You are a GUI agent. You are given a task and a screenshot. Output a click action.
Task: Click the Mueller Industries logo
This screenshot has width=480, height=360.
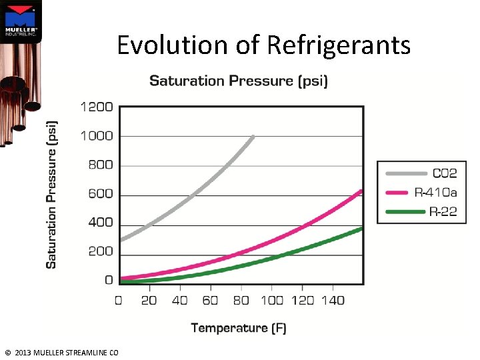21,20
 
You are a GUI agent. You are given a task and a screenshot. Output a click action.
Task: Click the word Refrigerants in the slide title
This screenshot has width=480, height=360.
339,45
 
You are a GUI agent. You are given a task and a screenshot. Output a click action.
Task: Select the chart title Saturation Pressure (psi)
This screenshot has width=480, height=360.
238,81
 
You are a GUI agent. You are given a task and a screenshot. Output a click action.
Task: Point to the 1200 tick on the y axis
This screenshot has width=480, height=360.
97,107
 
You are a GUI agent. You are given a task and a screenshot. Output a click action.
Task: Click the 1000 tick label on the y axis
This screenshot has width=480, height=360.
97,136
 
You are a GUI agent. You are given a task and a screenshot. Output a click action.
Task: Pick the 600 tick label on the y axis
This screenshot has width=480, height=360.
101,194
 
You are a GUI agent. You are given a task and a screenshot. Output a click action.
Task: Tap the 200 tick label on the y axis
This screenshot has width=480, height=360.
101,251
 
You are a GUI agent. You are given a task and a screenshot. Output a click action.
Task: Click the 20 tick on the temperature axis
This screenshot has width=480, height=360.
149,301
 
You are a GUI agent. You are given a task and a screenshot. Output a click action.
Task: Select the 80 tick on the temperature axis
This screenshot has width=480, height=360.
241,301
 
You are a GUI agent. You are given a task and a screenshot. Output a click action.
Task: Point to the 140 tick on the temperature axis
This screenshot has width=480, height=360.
332,301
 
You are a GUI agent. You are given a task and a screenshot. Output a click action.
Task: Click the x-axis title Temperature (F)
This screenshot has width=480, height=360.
239,327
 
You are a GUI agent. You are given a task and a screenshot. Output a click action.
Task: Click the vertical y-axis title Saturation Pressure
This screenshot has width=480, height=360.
51,195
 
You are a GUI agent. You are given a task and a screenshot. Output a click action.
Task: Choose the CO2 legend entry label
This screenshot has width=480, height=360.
445,173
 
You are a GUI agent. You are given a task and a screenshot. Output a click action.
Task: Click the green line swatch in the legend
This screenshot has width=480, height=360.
405,212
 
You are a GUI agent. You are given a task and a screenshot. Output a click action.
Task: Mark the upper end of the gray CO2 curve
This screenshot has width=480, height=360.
253,137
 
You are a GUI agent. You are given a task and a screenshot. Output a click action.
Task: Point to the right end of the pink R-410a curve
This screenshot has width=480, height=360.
361,191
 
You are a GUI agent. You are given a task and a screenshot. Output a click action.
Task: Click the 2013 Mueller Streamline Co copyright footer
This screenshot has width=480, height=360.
61,353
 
